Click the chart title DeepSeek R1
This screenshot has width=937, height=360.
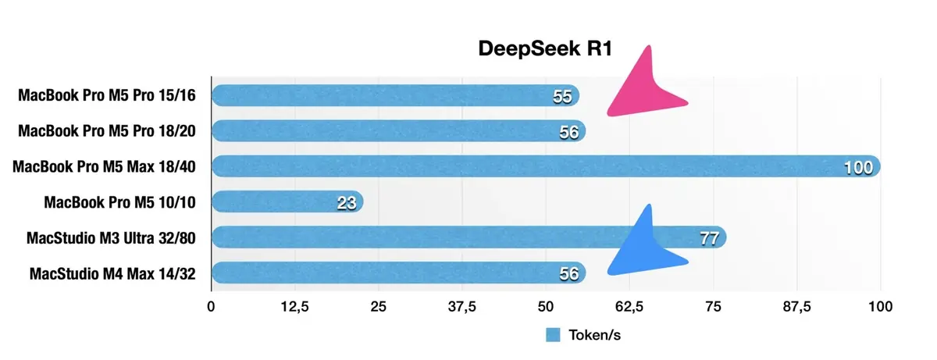click(x=545, y=49)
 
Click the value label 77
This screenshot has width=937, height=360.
click(x=708, y=238)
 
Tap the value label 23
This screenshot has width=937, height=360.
click(x=346, y=203)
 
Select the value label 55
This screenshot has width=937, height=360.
click(x=562, y=97)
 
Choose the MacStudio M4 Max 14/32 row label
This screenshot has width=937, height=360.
click(x=112, y=273)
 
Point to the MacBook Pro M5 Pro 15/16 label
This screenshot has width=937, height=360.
click(x=106, y=95)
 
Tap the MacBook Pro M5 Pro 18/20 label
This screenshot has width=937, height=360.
click(x=106, y=130)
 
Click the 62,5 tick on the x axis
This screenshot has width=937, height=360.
click(x=629, y=306)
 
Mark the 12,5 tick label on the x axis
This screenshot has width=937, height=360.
click(x=294, y=306)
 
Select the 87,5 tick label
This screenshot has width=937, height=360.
click(x=797, y=306)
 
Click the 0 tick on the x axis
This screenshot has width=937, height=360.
click(x=211, y=306)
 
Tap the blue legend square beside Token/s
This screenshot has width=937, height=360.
click(x=553, y=335)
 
